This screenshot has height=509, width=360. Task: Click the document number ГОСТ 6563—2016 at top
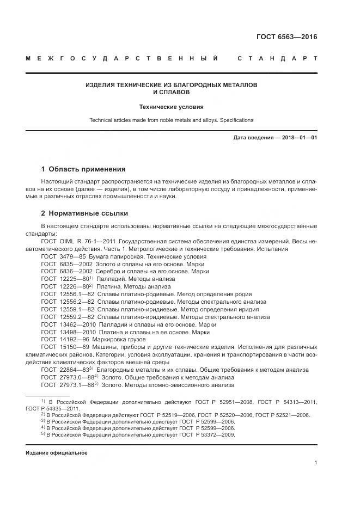286,37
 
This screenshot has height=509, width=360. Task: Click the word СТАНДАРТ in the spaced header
278,58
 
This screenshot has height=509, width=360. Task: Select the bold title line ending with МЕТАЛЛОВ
172,85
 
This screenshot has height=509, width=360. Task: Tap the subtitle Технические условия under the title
172,107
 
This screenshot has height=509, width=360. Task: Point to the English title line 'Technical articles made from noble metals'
172,120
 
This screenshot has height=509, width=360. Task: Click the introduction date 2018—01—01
298,138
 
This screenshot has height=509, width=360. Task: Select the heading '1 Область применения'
83,169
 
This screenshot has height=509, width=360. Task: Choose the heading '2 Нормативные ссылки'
84,213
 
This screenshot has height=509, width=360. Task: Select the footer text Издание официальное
57,453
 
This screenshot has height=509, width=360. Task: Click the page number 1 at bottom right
315,463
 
